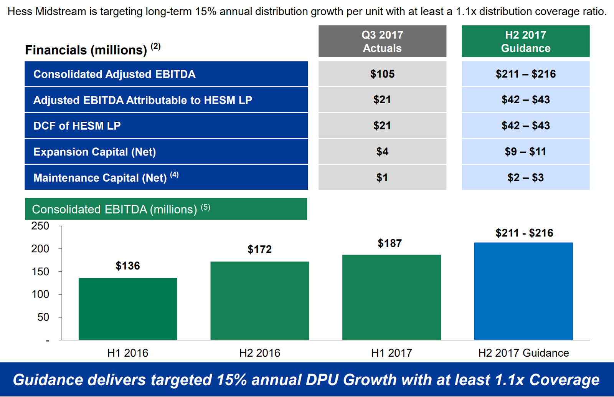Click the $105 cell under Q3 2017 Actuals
pyautogui.click(x=382, y=74)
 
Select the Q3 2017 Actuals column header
pyautogui.click(x=382, y=41)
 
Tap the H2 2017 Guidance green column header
pyautogui.click(x=525, y=41)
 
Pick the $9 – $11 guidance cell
pyautogui.click(x=525, y=152)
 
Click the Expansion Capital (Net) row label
pyautogui.click(x=94, y=152)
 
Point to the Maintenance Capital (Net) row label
pyautogui.click(x=101, y=178)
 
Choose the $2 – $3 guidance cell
pyautogui.click(x=525, y=177)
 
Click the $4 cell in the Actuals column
pyautogui.click(x=382, y=152)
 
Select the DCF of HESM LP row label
pyautogui.click(x=77, y=126)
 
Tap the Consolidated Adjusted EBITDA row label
pyautogui.click(x=114, y=74)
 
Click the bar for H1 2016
pyautogui.click(x=128, y=309)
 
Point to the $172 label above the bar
pyautogui.click(x=259, y=250)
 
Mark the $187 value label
pyautogui.click(x=390, y=243)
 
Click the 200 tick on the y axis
pyautogui.click(x=40, y=249)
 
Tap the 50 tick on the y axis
pyautogui.click(x=43, y=317)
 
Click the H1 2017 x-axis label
pyautogui.click(x=391, y=353)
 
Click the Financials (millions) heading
pyautogui.click(x=86, y=50)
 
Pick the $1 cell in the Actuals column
pyautogui.click(x=382, y=177)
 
